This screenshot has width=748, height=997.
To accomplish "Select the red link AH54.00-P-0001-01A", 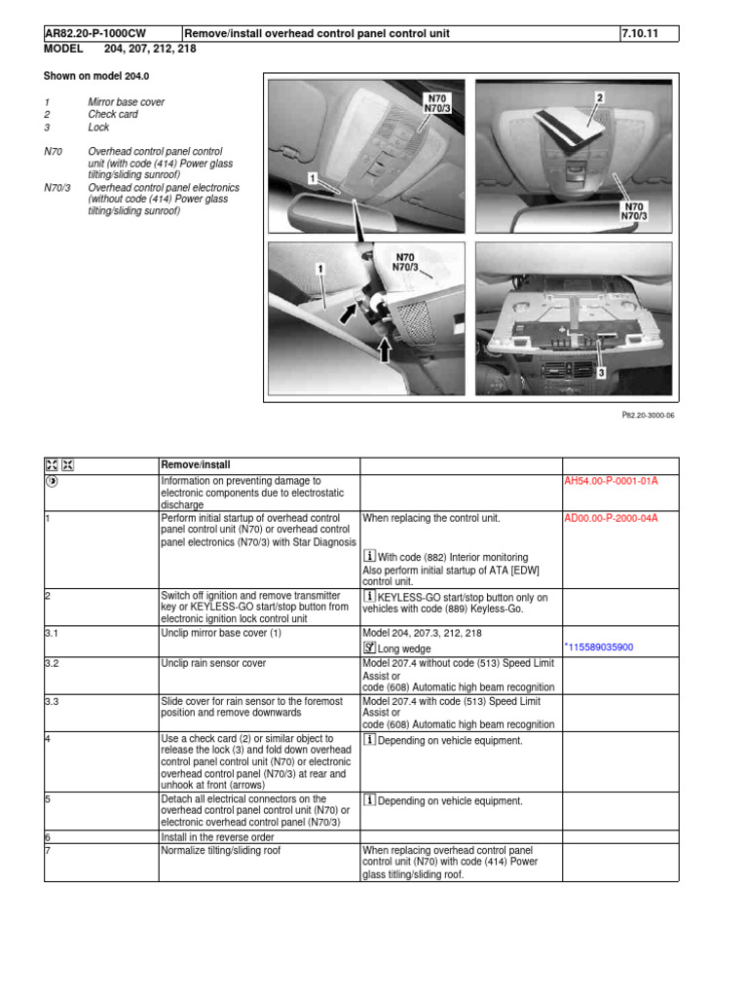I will (x=611, y=481).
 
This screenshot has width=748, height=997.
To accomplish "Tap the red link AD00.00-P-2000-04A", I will (x=611, y=518).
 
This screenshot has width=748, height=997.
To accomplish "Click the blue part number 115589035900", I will (x=614, y=647).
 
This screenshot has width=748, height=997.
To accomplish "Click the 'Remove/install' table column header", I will (x=195, y=465).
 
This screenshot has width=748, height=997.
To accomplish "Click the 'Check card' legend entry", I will (x=113, y=115).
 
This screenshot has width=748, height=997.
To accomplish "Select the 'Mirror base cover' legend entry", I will (x=127, y=102).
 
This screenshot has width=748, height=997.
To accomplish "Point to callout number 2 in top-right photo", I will (x=600, y=97).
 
